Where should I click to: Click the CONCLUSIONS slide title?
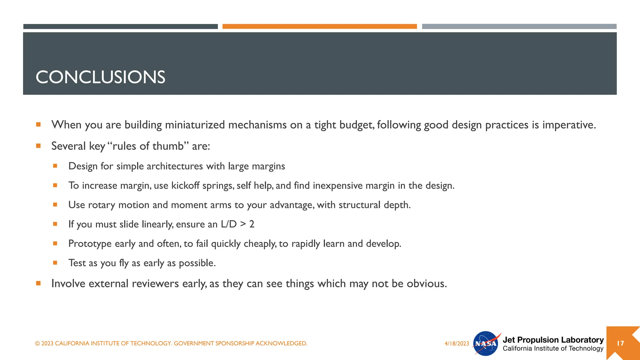100,77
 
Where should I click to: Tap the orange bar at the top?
319,27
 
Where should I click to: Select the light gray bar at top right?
519,27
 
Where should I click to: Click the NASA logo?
486,343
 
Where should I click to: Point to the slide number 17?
620,343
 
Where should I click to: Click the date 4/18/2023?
457,343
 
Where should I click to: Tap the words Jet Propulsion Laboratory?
553,340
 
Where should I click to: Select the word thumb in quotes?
168,146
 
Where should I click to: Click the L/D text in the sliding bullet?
228,224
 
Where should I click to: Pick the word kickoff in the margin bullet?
185,186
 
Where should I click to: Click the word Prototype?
90,244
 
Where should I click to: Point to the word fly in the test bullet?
124,263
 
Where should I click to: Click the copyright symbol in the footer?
37,343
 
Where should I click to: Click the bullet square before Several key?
38,146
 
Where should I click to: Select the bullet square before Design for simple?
55,166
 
